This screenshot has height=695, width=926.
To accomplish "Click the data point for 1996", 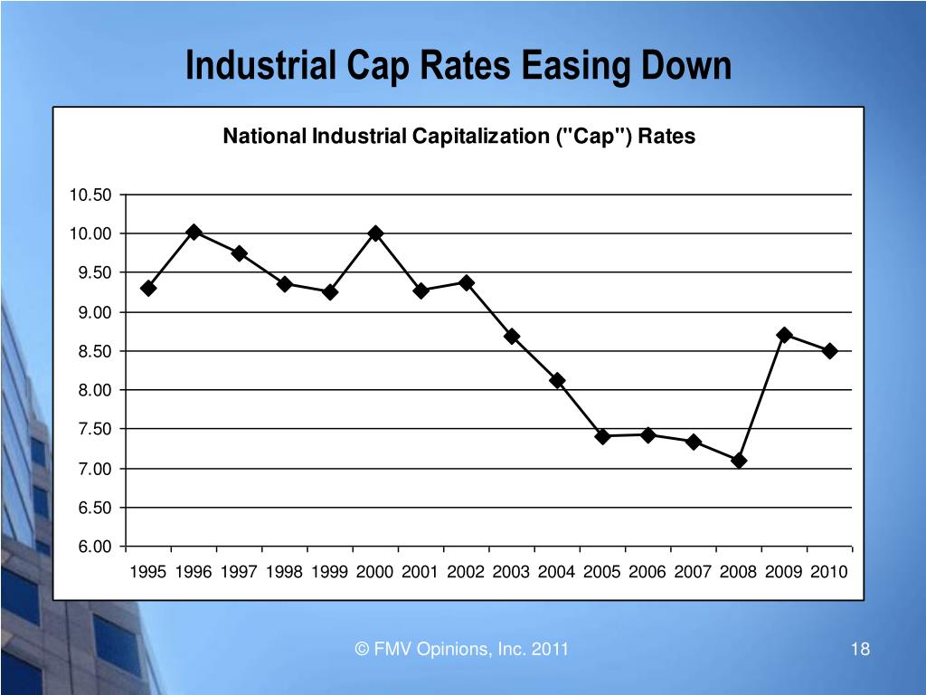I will (x=194, y=233).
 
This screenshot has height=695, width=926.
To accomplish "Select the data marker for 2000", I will (x=375, y=233).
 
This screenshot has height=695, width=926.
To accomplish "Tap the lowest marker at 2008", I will (x=739, y=461).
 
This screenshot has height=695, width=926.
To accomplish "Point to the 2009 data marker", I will (x=784, y=335).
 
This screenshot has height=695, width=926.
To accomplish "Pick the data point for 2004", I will (x=557, y=381).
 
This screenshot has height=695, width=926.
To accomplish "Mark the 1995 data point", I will (x=148, y=288).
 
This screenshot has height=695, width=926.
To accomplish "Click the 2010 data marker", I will (x=829, y=351).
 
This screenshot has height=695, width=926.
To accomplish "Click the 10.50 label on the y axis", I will (x=90, y=195).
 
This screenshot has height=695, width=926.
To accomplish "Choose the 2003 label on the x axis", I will (x=511, y=572).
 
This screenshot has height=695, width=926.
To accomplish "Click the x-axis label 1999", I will (x=329, y=572).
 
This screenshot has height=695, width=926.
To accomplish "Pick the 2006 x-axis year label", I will (x=647, y=572).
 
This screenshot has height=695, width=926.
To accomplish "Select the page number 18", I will (x=859, y=649).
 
